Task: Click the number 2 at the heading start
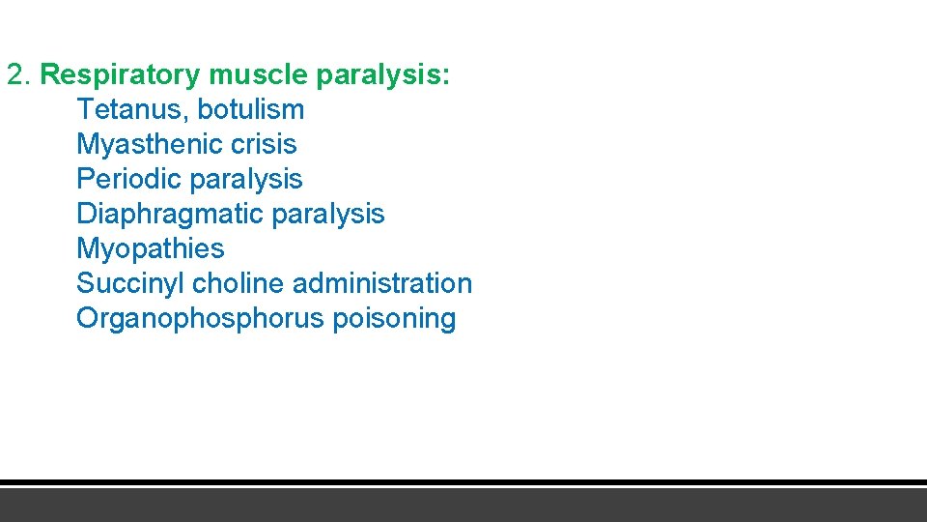(15, 74)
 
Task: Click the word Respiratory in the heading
(120, 75)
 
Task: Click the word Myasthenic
(145, 145)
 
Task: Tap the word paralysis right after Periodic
(246, 180)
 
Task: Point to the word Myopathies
(151, 249)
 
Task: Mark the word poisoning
(394, 319)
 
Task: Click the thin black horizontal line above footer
(463, 482)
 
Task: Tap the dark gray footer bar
(463, 505)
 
